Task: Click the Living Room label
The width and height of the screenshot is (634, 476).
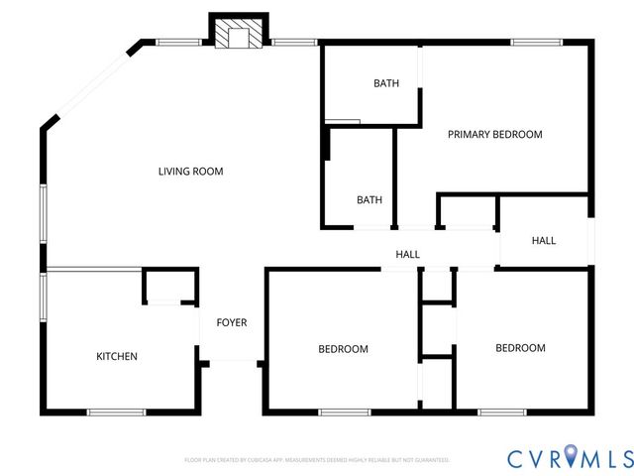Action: (190, 172)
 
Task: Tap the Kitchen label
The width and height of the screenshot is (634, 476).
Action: (116, 357)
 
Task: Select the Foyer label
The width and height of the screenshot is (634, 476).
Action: (232, 323)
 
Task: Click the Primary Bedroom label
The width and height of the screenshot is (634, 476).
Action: (494, 135)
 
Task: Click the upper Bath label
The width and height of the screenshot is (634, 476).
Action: (385, 83)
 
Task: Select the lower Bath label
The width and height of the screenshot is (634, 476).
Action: (369, 200)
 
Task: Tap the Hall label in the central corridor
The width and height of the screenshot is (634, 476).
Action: (407, 255)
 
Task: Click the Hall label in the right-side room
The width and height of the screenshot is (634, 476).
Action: (543, 241)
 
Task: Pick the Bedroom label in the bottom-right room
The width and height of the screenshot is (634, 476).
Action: (520, 348)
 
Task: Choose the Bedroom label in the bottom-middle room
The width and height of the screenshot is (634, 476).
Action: (343, 349)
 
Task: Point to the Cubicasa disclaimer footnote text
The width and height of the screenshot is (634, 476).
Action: (317, 460)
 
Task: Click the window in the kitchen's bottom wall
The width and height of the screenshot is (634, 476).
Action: (116, 412)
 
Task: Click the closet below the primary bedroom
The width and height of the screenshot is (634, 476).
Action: (467, 213)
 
